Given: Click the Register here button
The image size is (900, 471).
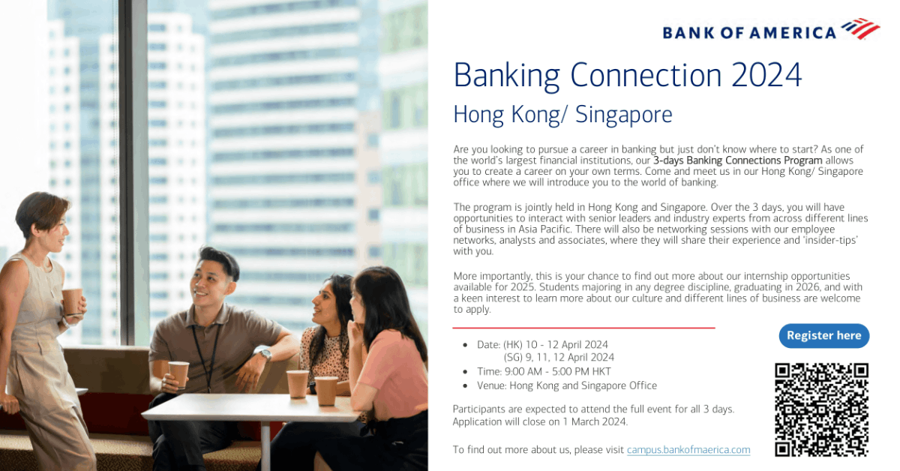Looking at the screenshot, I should (x=823, y=336).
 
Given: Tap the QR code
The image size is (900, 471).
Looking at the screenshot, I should (x=821, y=409).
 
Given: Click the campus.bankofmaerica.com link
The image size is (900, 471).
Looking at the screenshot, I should (x=688, y=450).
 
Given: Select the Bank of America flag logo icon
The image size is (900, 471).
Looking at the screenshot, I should (x=860, y=29).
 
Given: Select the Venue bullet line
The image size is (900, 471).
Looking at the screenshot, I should (x=566, y=385).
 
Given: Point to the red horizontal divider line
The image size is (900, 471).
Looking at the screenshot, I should (x=583, y=328).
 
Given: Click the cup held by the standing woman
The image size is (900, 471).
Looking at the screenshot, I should (x=72, y=301).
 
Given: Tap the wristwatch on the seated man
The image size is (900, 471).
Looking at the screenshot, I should (x=263, y=352).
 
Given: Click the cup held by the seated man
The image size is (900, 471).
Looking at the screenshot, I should (x=178, y=373).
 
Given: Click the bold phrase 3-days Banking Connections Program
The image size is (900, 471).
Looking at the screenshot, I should (x=737, y=160).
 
